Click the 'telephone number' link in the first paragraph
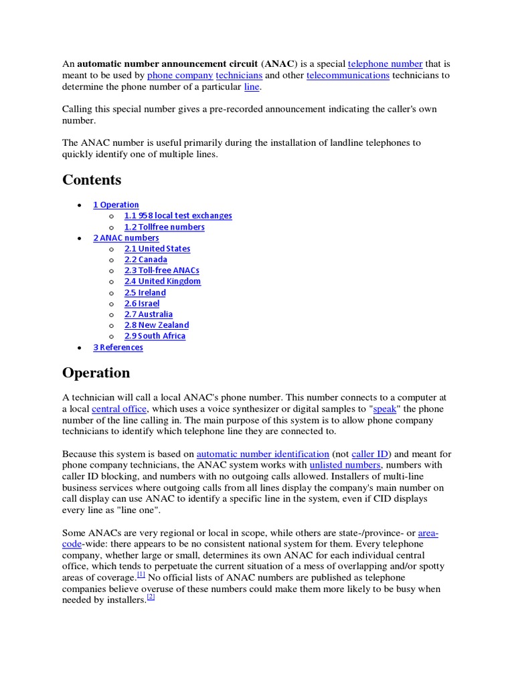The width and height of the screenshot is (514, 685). coord(385,64)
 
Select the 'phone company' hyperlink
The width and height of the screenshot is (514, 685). coord(180,76)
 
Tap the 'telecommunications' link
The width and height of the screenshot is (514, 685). coord(347,76)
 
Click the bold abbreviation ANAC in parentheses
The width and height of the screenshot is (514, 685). coord(279,64)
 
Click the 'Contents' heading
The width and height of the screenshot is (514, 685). coord(92,180)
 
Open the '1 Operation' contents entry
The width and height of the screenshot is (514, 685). coord(116,205)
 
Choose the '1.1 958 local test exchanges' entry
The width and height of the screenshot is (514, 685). coord(178,215)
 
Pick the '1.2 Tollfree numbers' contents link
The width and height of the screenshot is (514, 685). coord(164,227)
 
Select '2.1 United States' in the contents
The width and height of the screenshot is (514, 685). coord(157,249)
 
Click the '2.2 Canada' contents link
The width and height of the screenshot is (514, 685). coord(146,260)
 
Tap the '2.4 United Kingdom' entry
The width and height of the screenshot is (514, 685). coord(163,282)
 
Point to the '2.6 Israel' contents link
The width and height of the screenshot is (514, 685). coord(142,304)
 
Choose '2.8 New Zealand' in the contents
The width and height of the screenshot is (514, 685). coord(157,325)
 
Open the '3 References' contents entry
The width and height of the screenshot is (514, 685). coord(118,347)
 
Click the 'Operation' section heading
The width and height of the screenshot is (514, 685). coord(96,373)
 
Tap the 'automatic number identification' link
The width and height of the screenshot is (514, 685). coord(263,453)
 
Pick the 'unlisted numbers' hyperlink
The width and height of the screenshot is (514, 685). coord(345,465)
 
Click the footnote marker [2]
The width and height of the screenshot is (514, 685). coord(151,597)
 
